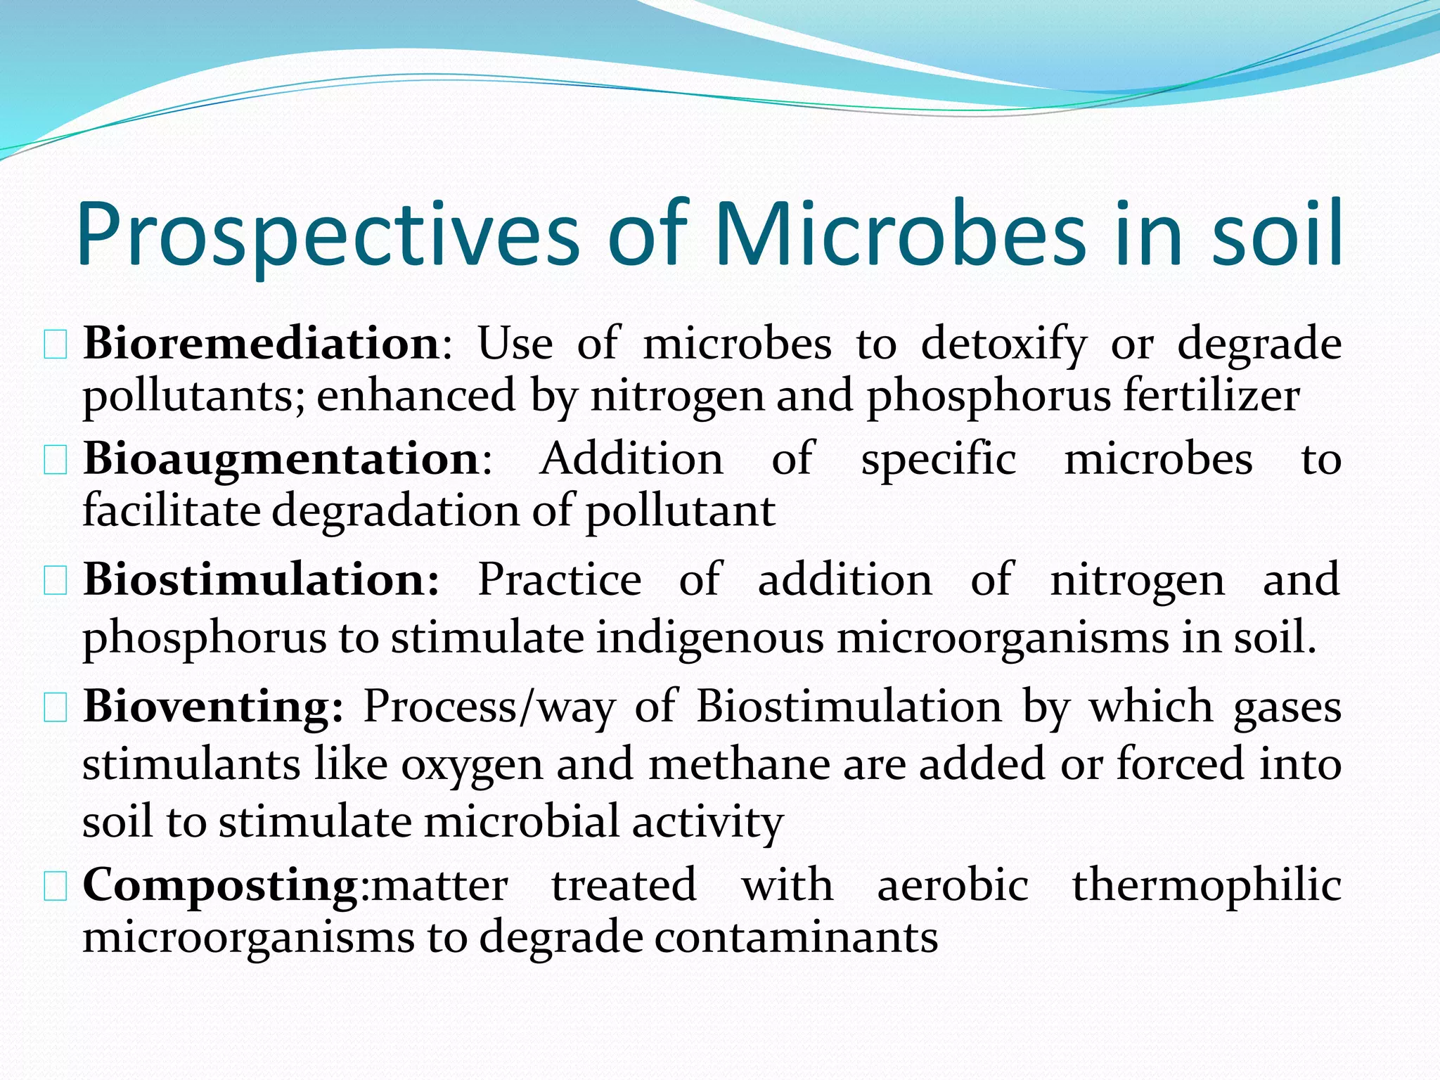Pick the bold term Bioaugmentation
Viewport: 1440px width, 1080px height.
click(281, 458)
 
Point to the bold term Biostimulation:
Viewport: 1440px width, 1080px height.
click(262, 579)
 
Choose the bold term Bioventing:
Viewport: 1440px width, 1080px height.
click(213, 706)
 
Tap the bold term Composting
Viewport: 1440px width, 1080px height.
click(220, 885)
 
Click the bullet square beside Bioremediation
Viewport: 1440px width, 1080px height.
click(56, 346)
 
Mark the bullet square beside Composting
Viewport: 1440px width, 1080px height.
click(56, 887)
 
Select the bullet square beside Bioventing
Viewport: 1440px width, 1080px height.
click(56, 708)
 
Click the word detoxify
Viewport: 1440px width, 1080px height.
click(1004, 345)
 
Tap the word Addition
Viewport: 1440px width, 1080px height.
click(631, 458)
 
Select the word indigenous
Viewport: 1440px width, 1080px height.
click(710, 638)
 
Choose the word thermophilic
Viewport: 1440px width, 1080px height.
click(1207, 885)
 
